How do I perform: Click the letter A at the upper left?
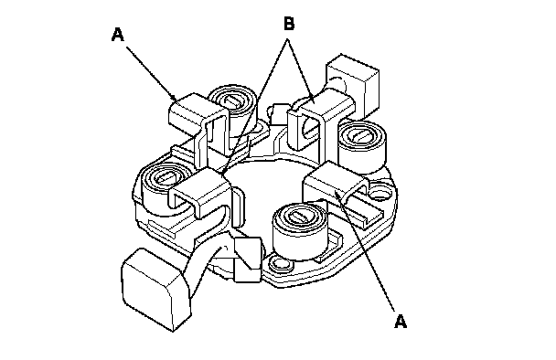coord(118,35)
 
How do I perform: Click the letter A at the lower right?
coord(401,322)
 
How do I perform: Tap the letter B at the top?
coord(289,24)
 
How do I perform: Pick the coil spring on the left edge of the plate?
coord(164,186)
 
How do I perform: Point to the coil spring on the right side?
coord(362,146)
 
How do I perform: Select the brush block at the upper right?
coord(353,82)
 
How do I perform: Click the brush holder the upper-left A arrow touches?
coord(198,121)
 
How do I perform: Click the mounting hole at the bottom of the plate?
coord(279,263)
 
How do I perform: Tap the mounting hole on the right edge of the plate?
coord(379,194)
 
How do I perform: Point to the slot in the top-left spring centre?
coord(232,101)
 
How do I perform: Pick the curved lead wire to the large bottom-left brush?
coord(206,266)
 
